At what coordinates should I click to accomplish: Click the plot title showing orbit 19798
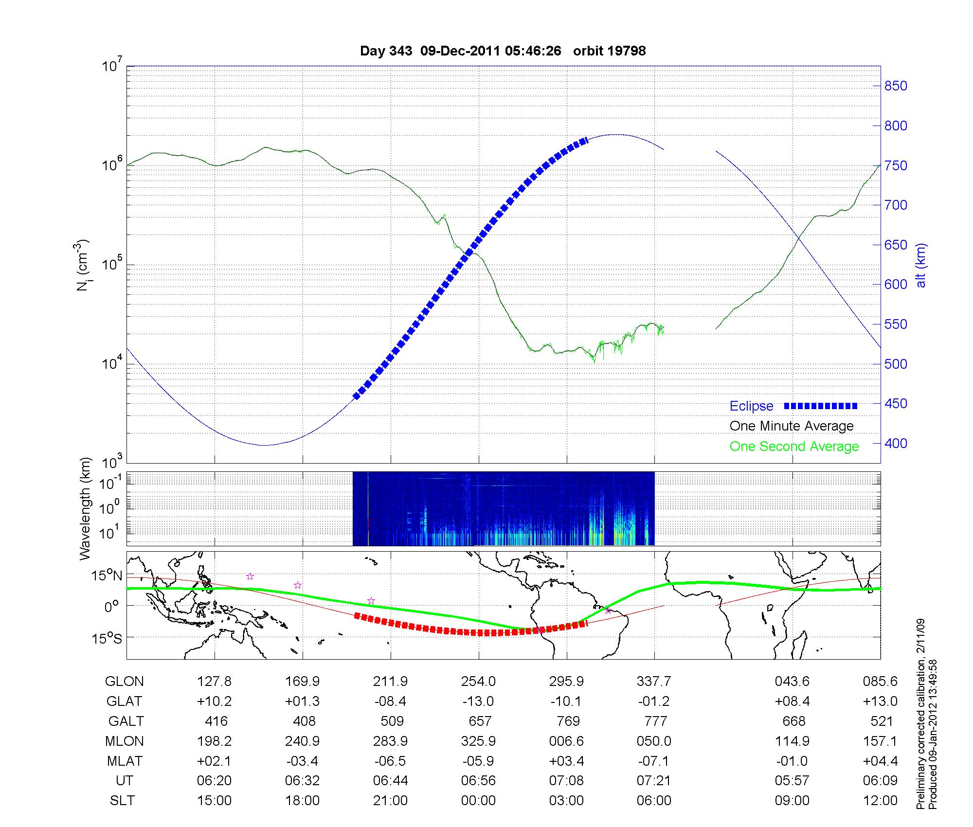pyautogui.click(x=503, y=51)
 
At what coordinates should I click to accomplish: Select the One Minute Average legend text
pyautogui.click(x=792, y=426)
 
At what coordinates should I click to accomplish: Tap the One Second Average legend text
pyautogui.click(x=794, y=447)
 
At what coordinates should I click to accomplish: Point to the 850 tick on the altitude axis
pyautogui.click(x=896, y=86)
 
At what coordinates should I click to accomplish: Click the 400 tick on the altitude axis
pyautogui.click(x=896, y=443)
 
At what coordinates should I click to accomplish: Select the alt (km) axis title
pyautogui.click(x=921, y=265)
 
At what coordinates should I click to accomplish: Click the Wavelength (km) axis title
pyautogui.click(x=86, y=508)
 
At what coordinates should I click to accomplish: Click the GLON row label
pyautogui.click(x=125, y=681)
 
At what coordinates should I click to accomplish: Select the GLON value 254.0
pyautogui.click(x=479, y=681)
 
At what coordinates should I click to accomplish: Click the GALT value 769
pyautogui.click(x=568, y=721)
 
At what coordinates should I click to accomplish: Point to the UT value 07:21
pyautogui.click(x=654, y=781)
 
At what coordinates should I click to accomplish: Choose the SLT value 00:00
pyautogui.click(x=479, y=800)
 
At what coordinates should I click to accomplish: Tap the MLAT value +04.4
pyautogui.click(x=880, y=761)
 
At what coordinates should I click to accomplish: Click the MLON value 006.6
pyautogui.click(x=567, y=741)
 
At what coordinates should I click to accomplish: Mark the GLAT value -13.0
pyautogui.click(x=479, y=701)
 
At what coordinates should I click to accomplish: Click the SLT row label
pyautogui.click(x=122, y=800)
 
